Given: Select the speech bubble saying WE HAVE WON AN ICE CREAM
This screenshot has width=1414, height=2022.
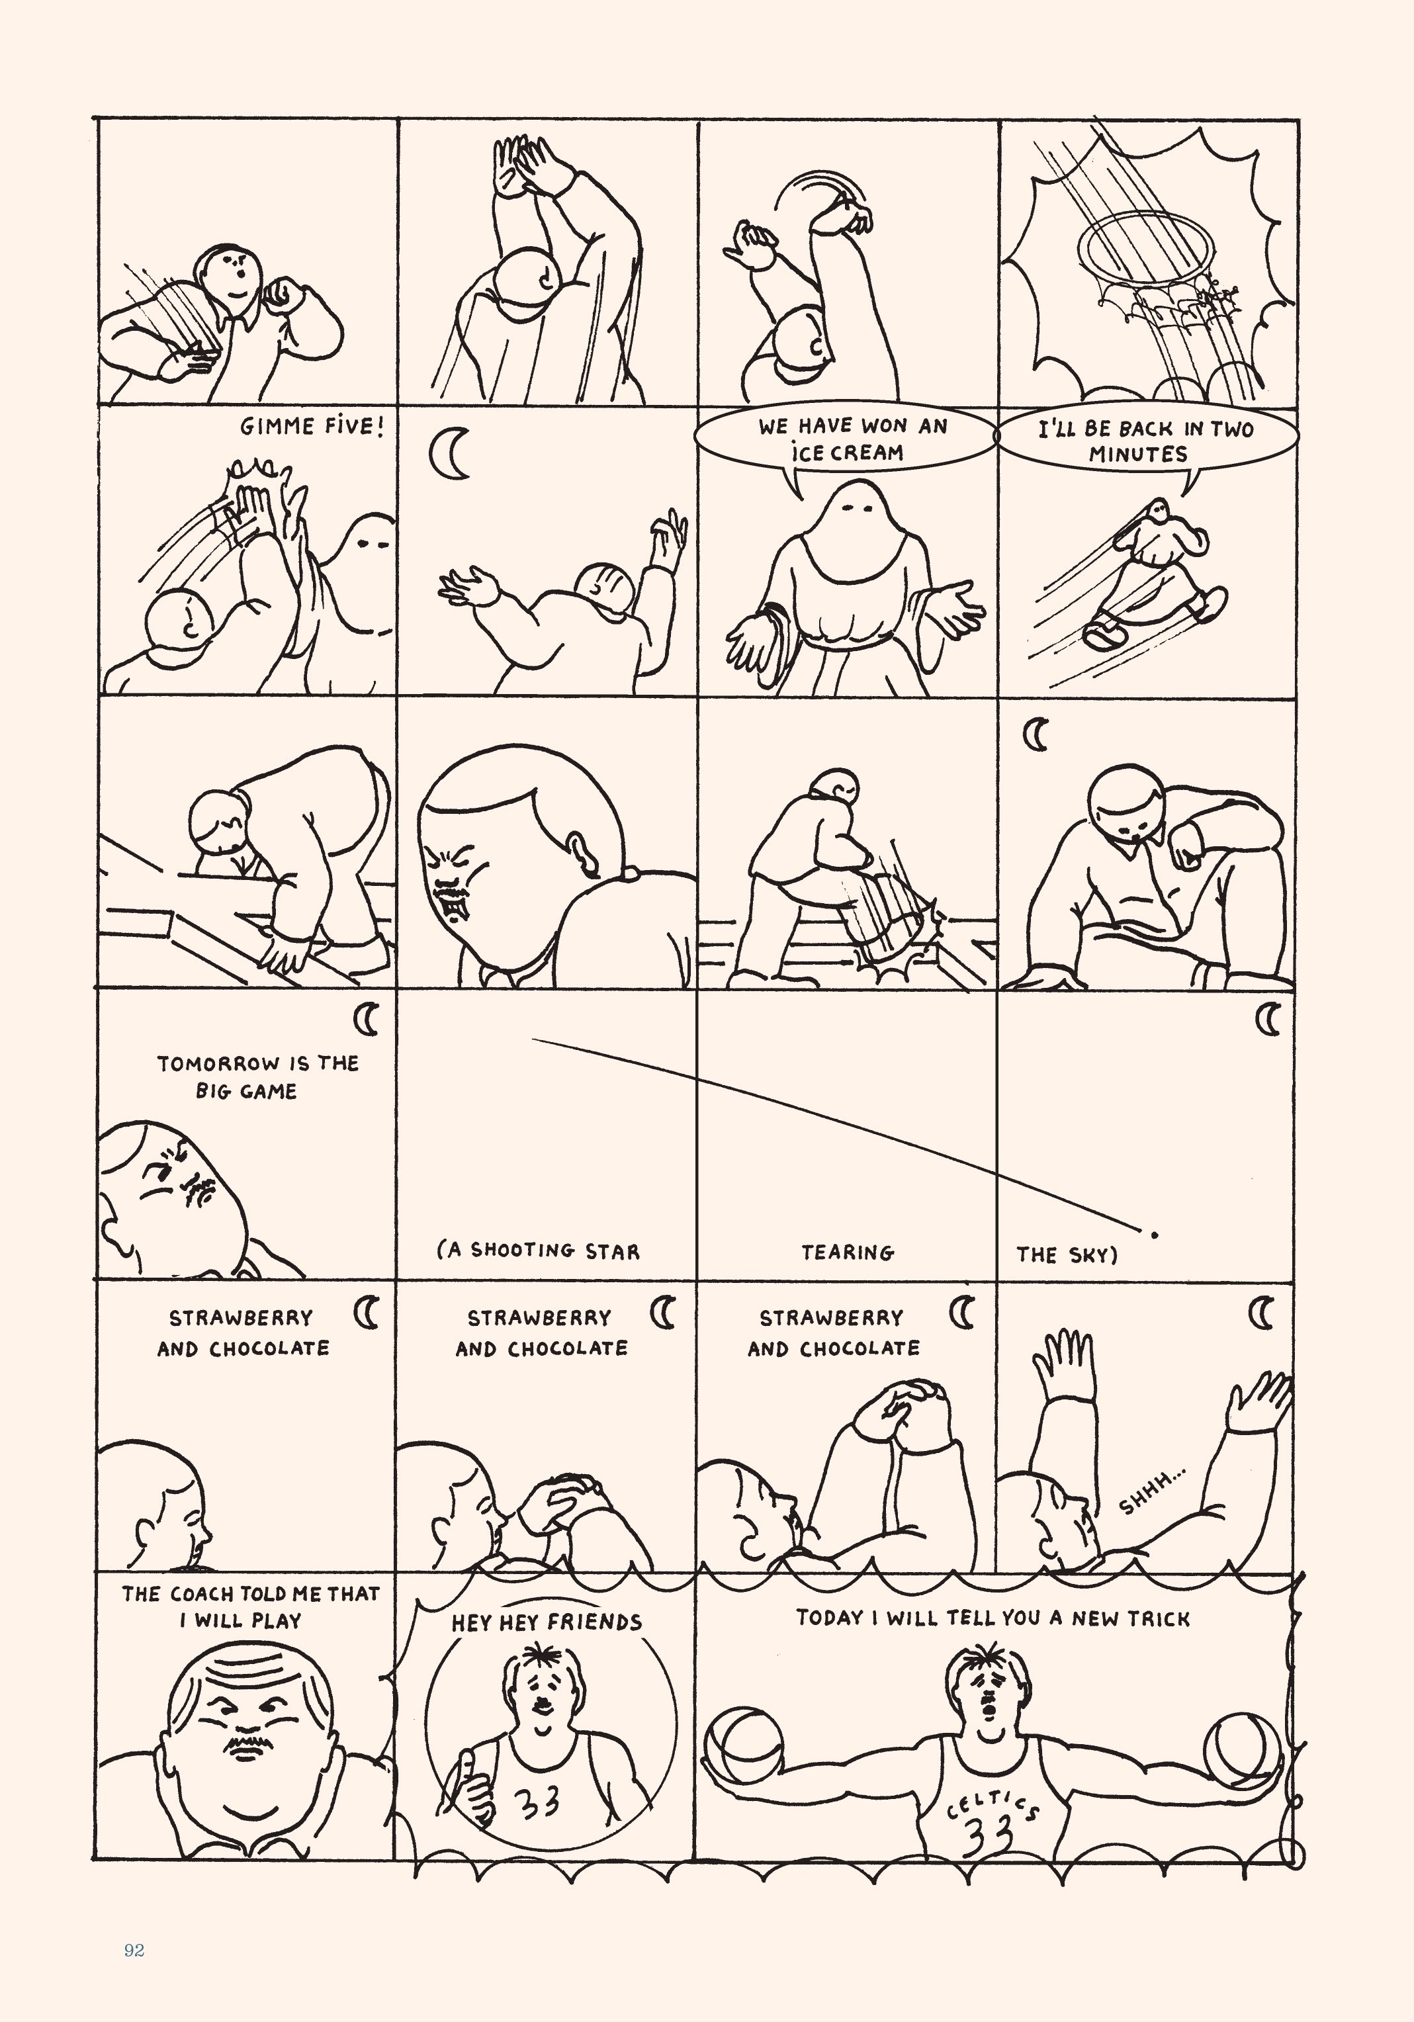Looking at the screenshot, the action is (x=845, y=438).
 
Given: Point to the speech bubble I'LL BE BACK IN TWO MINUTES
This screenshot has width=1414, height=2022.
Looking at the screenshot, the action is (x=1145, y=441).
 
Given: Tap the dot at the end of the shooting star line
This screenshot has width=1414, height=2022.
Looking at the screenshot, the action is (x=1154, y=1235).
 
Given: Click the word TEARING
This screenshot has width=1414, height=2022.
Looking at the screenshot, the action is (x=847, y=1251).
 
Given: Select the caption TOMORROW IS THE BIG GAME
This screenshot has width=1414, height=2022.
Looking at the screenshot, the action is (x=257, y=1076).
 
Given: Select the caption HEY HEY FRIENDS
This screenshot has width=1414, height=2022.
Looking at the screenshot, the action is (x=547, y=1622).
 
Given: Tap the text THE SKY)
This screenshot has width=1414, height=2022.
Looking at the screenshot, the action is (x=1066, y=1254).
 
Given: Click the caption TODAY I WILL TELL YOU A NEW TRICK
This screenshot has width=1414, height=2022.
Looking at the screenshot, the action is (x=993, y=1618).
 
